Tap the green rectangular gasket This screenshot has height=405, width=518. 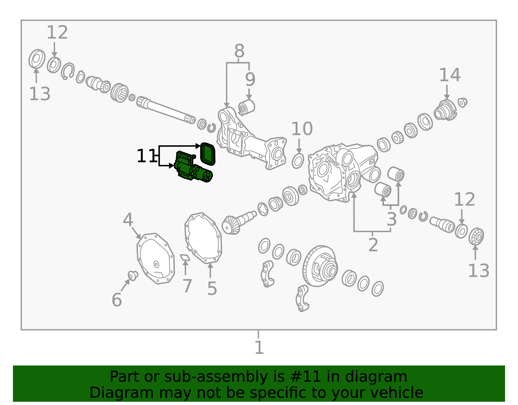[x=208, y=154]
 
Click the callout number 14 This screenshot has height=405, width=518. [x=450, y=75]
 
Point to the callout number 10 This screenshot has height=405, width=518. [x=302, y=129]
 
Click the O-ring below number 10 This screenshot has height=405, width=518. [x=298, y=161]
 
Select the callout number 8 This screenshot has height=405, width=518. [x=239, y=51]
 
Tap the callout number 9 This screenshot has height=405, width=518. [x=250, y=79]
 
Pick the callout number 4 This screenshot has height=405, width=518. [x=128, y=220]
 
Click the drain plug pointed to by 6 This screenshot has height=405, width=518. [x=133, y=276]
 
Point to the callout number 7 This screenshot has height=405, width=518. [x=187, y=286]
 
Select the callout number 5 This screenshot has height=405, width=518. [x=212, y=289]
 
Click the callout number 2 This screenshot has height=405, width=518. [x=373, y=245]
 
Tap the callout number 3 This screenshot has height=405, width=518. [x=392, y=219]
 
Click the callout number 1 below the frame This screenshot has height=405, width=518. [x=259, y=348]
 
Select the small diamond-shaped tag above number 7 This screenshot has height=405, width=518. [x=185, y=258]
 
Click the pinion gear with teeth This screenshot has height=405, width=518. [x=238, y=223]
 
